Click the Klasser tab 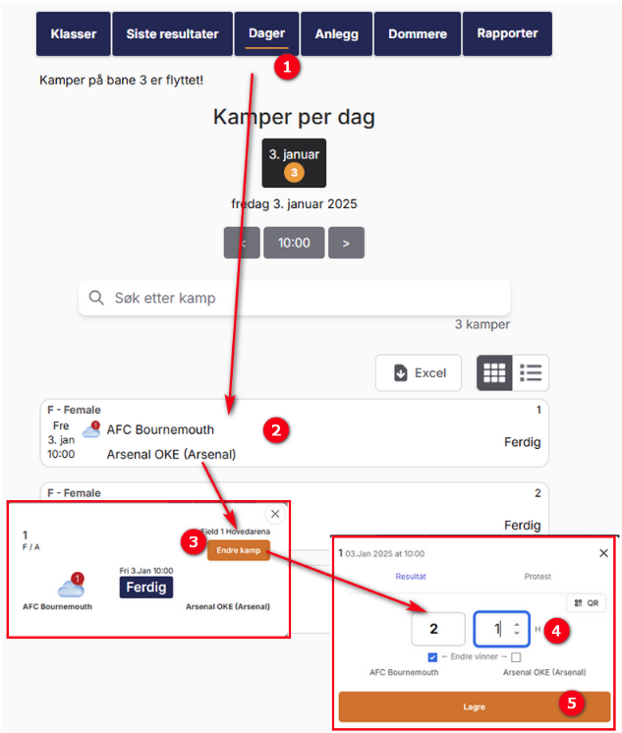pos(74,33)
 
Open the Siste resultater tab pos(172,33)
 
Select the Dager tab pos(266,33)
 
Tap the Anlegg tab pos(337,33)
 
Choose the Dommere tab pos(418,33)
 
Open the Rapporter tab pos(507,33)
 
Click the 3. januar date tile pos(294,163)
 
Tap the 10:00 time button pos(294,243)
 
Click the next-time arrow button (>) pos(346,243)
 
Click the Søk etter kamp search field pos(294,298)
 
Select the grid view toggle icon pos(494,372)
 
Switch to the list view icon pos(531,372)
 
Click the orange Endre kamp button pos(239,550)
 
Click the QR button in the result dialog pos(587,603)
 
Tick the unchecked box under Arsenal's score pos(516,657)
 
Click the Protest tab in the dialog pos(537,577)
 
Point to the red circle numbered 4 pos(556,631)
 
